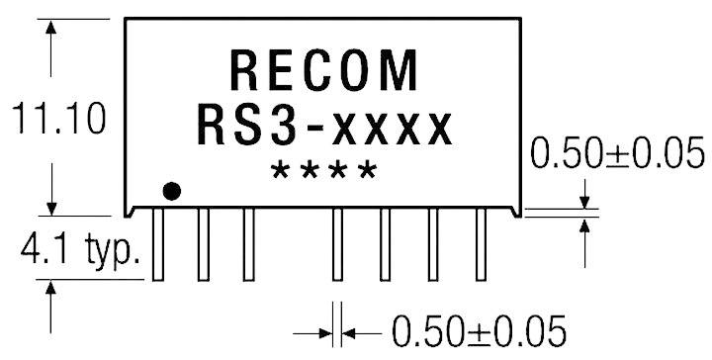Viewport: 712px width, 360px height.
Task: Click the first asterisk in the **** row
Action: pos(281,169)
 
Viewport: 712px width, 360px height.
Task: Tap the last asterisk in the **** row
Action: pos(367,169)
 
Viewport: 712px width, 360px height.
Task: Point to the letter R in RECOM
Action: pos(244,71)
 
